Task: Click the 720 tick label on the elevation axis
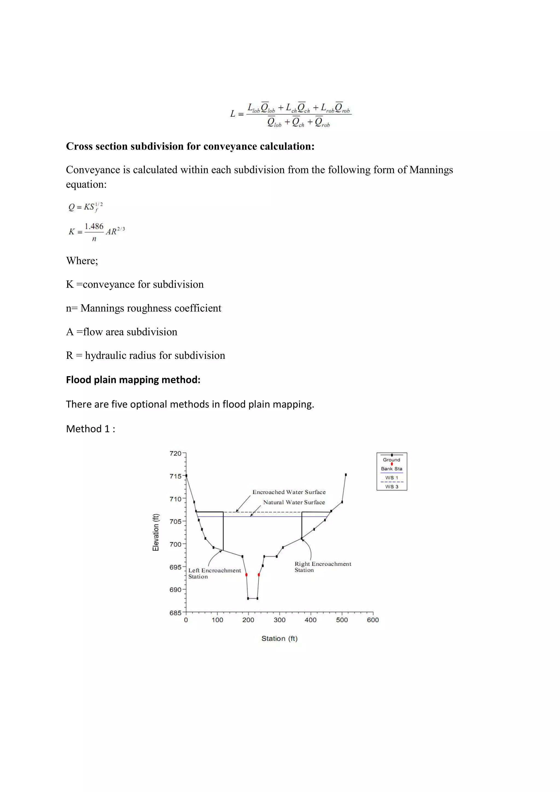175,454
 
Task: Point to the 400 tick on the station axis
311,620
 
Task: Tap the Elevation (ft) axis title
156,532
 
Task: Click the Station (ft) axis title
279,638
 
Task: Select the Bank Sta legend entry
392,468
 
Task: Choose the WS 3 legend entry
392,486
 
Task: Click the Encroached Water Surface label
289,492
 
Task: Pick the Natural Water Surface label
294,502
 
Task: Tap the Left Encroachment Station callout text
214,573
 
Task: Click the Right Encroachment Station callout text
323,567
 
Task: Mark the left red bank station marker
246,575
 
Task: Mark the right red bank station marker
259,575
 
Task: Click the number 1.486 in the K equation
94,226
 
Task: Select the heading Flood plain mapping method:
133,380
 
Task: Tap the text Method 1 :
91,429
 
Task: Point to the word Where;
82,261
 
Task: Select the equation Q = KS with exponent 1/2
85,207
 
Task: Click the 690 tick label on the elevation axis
175,590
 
